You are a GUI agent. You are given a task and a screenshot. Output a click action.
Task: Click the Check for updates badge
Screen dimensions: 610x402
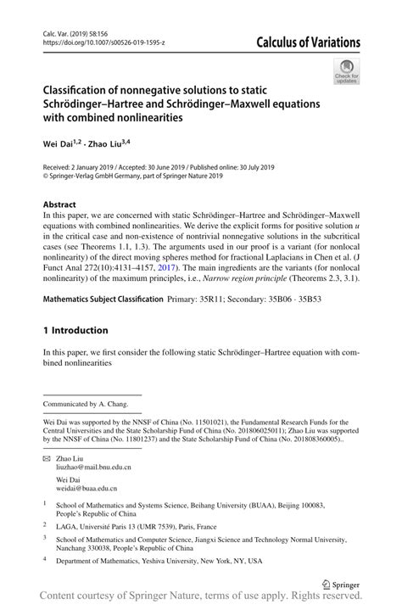[x=346, y=71]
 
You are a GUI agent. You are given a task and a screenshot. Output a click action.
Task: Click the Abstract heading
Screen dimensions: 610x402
[x=59, y=205]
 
